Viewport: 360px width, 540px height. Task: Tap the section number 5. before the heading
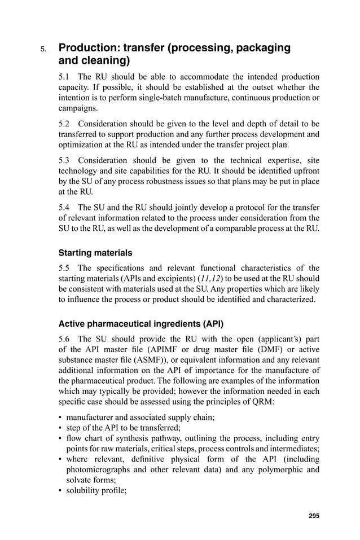pyautogui.click(x=43, y=50)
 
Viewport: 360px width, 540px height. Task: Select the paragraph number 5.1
pyautogui.click(x=65, y=77)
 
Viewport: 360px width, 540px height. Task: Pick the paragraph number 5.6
pyautogui.click(x=65, y=339)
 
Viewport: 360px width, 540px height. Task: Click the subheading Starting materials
pyautogui.click(x=95, y=253)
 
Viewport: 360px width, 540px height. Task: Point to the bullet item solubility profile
pyautogui.click(x=95, y=490)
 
